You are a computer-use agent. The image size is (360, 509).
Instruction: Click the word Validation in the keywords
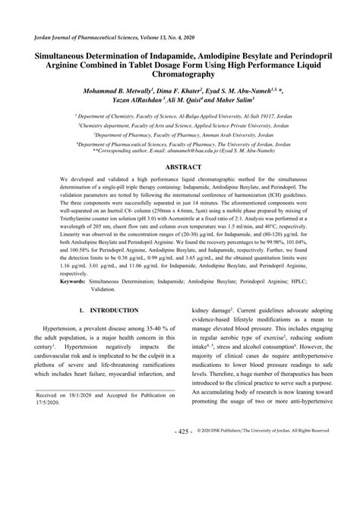click(x=84, y=289)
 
